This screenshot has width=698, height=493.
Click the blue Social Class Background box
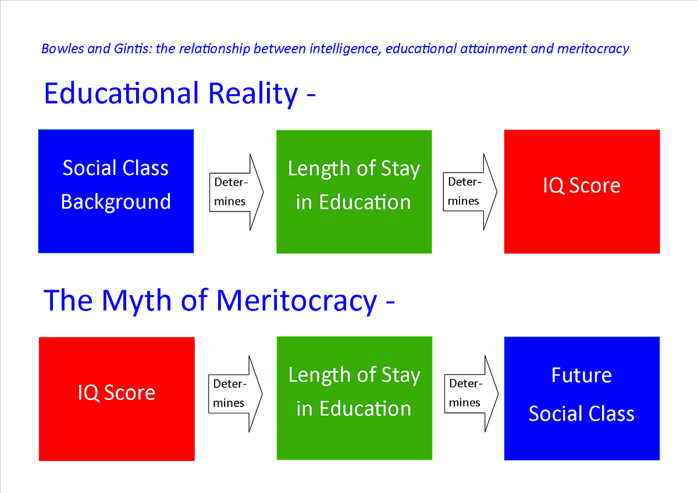116,191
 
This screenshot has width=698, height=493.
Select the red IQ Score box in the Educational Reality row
582,192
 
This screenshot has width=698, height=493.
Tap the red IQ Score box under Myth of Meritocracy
116,399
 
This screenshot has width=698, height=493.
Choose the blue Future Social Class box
582,399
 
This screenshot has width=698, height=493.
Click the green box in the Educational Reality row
354,192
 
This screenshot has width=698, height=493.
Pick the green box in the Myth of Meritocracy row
354,399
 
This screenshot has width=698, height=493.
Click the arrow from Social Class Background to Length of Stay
235,192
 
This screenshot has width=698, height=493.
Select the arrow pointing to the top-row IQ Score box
470,192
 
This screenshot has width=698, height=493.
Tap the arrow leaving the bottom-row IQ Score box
235,394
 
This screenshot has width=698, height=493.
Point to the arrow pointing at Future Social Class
470,394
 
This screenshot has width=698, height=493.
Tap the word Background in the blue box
116,202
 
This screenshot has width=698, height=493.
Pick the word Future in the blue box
582,375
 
